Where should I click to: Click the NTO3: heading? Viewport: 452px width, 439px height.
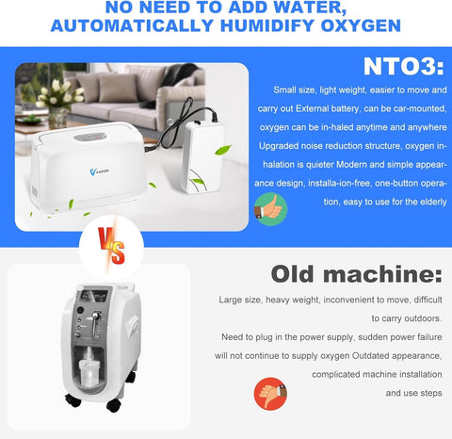point(401,66)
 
